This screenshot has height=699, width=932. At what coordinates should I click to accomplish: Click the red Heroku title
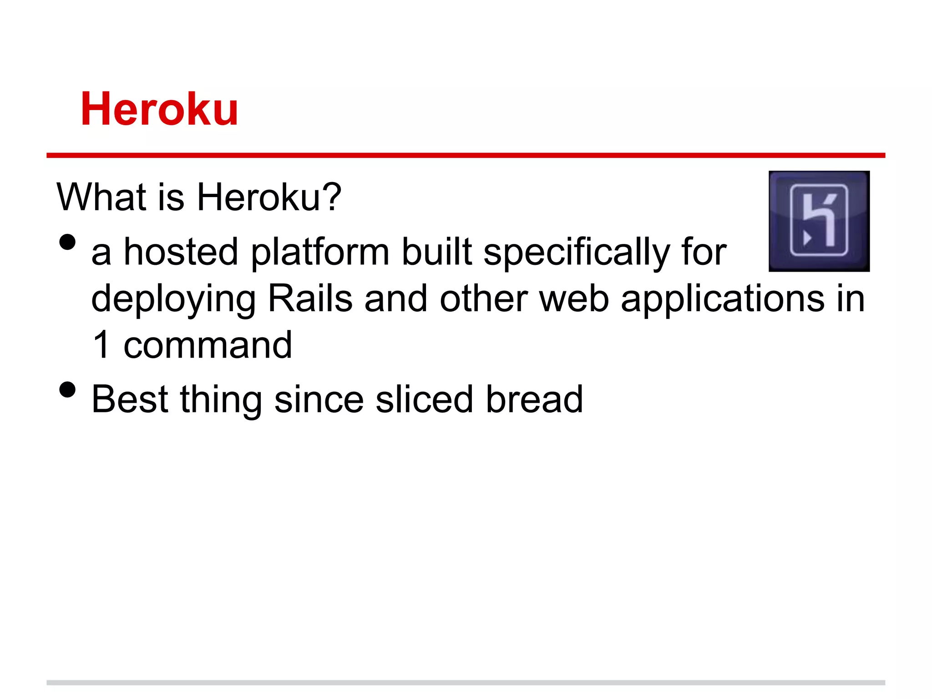[x=159, y=109]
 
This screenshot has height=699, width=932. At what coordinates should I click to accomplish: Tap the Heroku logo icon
[x=819, y=221]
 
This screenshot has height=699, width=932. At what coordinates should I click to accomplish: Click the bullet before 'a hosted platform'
[x=67, y=243]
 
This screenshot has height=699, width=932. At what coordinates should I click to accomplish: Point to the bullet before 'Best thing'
[x=67, y=390]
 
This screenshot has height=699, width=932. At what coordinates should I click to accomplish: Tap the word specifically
[x=577, y=253]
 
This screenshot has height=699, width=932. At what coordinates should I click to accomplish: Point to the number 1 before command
[x=101, y=345]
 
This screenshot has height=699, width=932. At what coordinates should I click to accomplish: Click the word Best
[x=130, y=399]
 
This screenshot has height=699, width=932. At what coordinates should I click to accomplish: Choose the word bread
[x=534, y=399]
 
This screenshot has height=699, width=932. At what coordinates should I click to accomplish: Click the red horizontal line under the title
[x=466, y=155]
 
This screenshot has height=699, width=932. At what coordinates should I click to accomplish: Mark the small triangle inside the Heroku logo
[x=807, y=238]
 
